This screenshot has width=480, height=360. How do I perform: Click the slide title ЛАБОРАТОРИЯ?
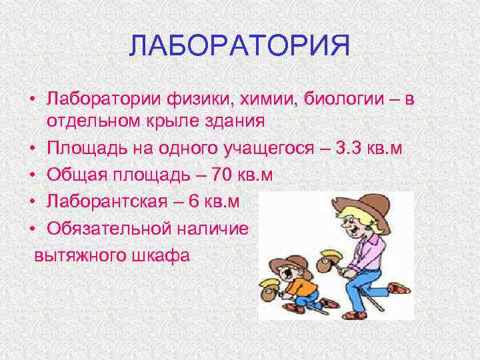(x=239, y=47)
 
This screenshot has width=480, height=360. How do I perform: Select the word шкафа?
(x=159, y=254)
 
